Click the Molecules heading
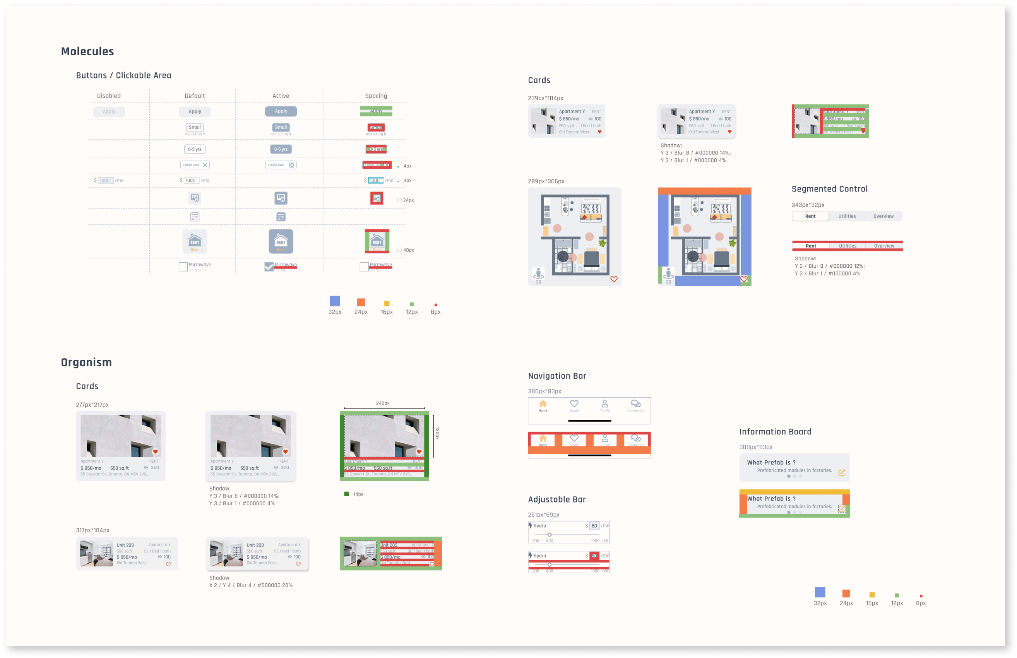[x=87, y=52]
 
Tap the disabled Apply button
[x=109, y=111]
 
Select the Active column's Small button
[x=281, y=127]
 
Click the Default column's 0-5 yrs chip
[x=195, y=149]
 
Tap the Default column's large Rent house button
[x=195, y=241]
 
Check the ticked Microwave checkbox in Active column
[x=269, y=267]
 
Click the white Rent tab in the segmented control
[x=810, y=216]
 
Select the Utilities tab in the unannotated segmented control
[x=847, y=216]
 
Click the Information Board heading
[x=775, y=432]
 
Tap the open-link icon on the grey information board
[x=841, y=473]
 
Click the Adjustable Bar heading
[x=557, y=499]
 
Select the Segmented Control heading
[x=829, y=189]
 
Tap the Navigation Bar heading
[x=557, y=376]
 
